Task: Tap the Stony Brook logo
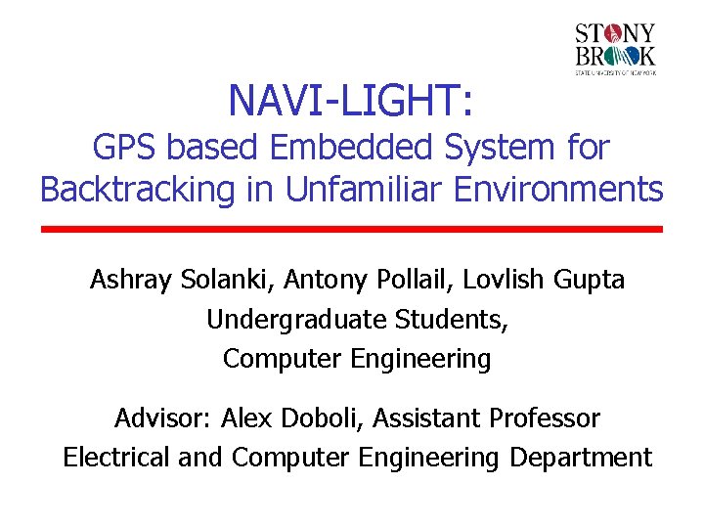pos(615,49)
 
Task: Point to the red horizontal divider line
pos(352,229)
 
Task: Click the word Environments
pos(556,189)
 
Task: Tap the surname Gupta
pos(589,281)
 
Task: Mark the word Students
pos(451,320)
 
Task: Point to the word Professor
pos(548,418)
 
